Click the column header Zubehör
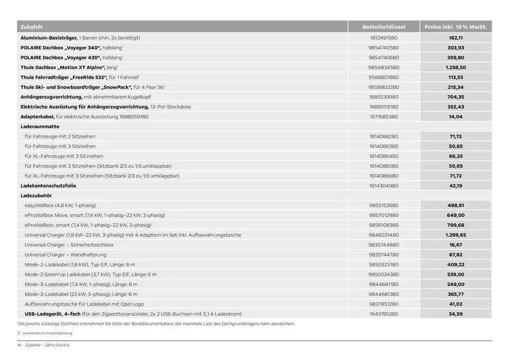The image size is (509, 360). [x=31, y=27]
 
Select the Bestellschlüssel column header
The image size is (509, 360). [x=384, y=27]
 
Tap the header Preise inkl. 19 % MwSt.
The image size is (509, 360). [x=456, y=27]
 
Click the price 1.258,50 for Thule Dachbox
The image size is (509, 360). [x=456, y=67]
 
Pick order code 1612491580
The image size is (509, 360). [x=384, y=38]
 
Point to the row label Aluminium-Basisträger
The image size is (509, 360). [x=49, y=38]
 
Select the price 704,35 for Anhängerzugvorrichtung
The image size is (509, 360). [x=456, y=97]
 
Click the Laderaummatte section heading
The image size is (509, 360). [x=40, y=127]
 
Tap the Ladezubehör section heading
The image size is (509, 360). [x=36, y=195]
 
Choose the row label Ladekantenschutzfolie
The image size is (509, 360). [x=48, y=186]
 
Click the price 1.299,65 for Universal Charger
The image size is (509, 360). [x=456, y=235]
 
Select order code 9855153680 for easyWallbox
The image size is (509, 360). [x=384, y=205]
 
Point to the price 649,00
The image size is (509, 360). [x=456, y=215]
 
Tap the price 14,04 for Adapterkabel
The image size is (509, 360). [x=456, y=117]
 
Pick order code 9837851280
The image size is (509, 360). [x=384, y=304]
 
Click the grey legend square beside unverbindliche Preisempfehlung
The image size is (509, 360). [x=19, y=333]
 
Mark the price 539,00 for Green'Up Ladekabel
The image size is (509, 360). [x=456, y=275]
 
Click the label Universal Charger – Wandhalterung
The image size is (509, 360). [x=65, y=255]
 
